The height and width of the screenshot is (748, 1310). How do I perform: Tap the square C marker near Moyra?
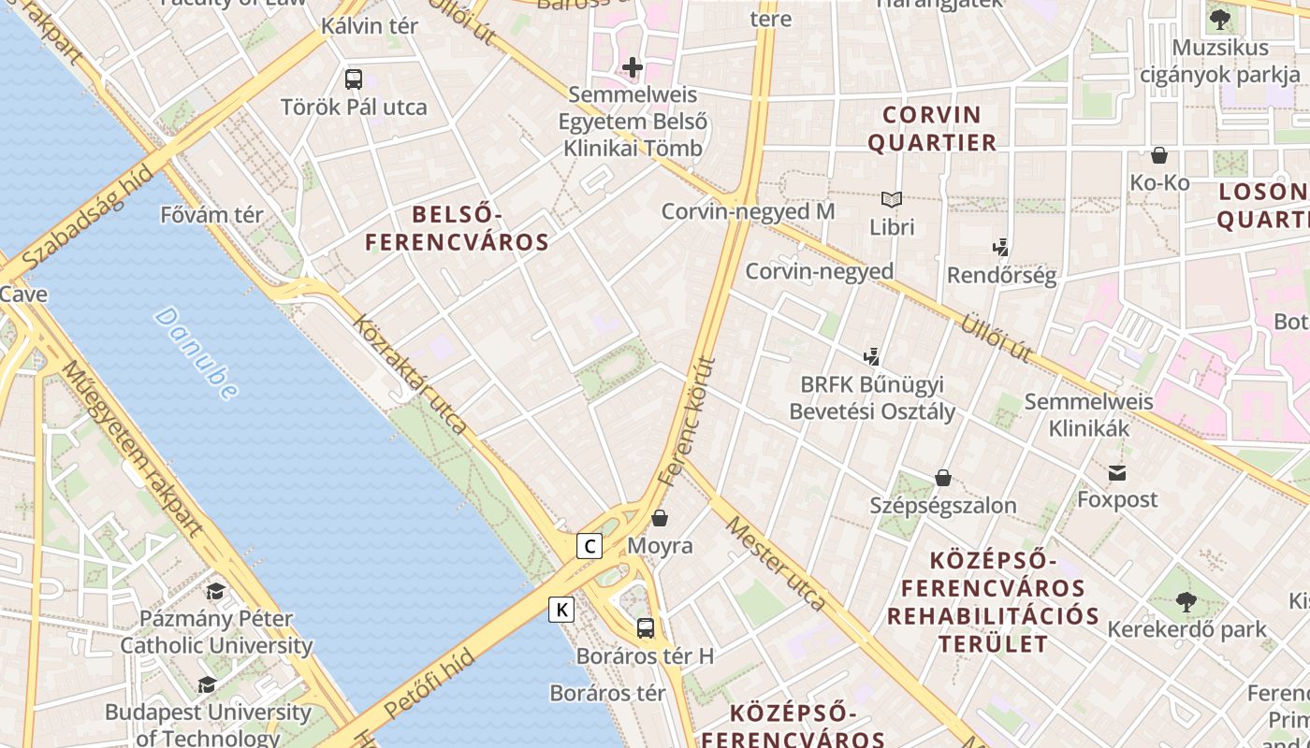pyautogui.click(x=589, y=546)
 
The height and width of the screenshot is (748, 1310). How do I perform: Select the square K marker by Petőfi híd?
pyautogui.click(x=561, y=610)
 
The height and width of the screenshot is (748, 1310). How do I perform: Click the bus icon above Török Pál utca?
pyautogui.click(x=354, y=79)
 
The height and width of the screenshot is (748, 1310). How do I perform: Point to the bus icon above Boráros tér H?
pyautogui.click(x=645, y=627)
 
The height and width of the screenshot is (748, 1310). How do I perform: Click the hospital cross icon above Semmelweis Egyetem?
pyautogui.click(x=633, y=67)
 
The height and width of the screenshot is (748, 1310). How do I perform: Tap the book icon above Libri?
pyautogui.click(x=892, y=199)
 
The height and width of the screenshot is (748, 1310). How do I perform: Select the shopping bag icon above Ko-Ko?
pyautogui.click(x=1159, y=155)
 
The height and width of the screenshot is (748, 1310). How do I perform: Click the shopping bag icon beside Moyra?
pyautogui.click(x=660, y=518)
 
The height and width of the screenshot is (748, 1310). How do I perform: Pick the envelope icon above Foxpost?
pyautogui.click(x=1117, y=472)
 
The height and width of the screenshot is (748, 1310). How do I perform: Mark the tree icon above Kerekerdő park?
pyautogui.click(x=1186, y=601)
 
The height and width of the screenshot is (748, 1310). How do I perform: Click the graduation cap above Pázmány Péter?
pyautogui.click(x=216, y=591)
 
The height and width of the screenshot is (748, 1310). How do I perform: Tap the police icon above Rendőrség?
pyautogui.click(x=1001, y=248)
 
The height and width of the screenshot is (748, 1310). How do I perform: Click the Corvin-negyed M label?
pyautogui.click(x=748, y=211)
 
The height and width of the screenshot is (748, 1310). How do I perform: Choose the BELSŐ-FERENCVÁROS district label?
pyautogui.click(x=457, y=229)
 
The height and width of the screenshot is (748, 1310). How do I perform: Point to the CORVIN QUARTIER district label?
pyautogui.click(x=932, y=129)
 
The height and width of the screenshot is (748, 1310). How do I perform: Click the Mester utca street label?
pyautogui.click(x=776, y=566)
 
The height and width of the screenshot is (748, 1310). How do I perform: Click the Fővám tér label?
pyautogui.click(x=212, y=215)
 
